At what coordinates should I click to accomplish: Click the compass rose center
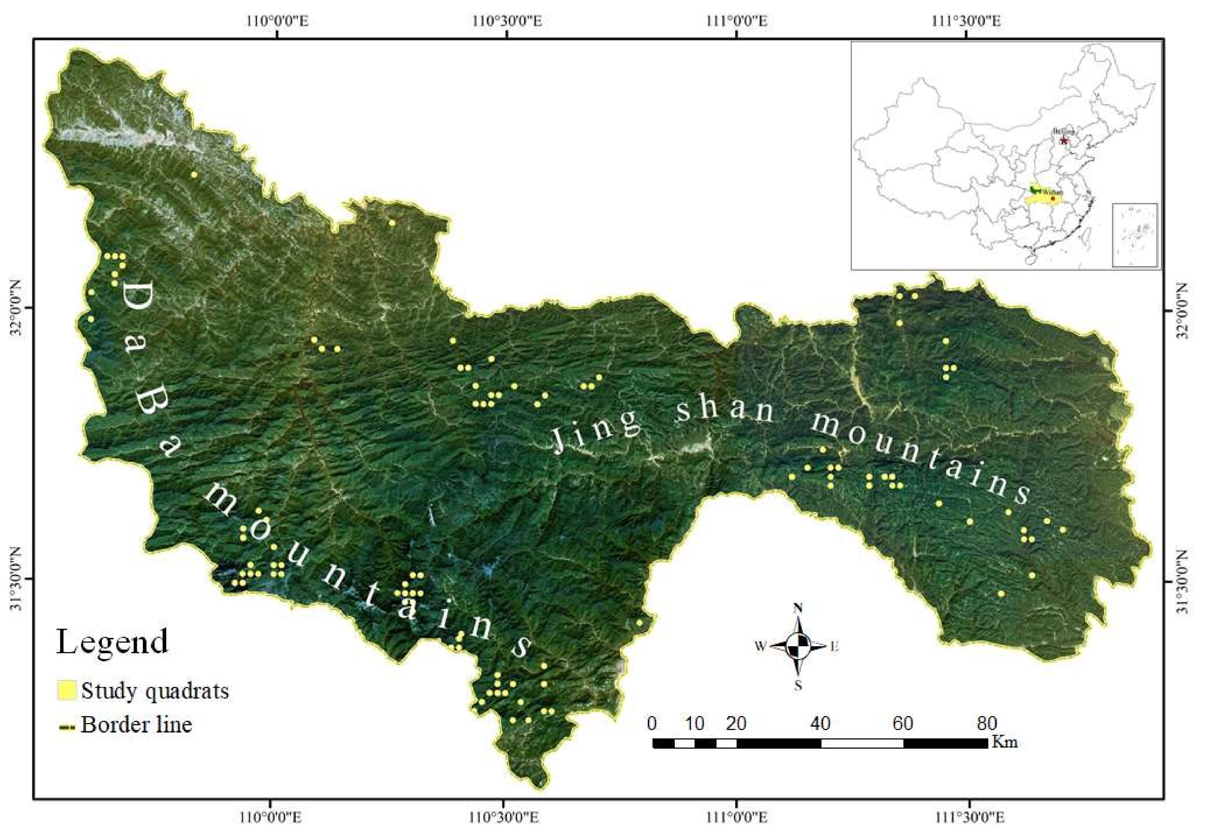click(x=798, y=646)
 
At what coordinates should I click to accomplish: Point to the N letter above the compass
click(x=798, y=609)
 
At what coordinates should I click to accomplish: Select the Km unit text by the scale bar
click(x=1004, y=742)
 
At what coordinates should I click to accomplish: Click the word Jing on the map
click(x=597, y=429)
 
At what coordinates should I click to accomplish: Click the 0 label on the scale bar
click(x=652, y=723)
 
